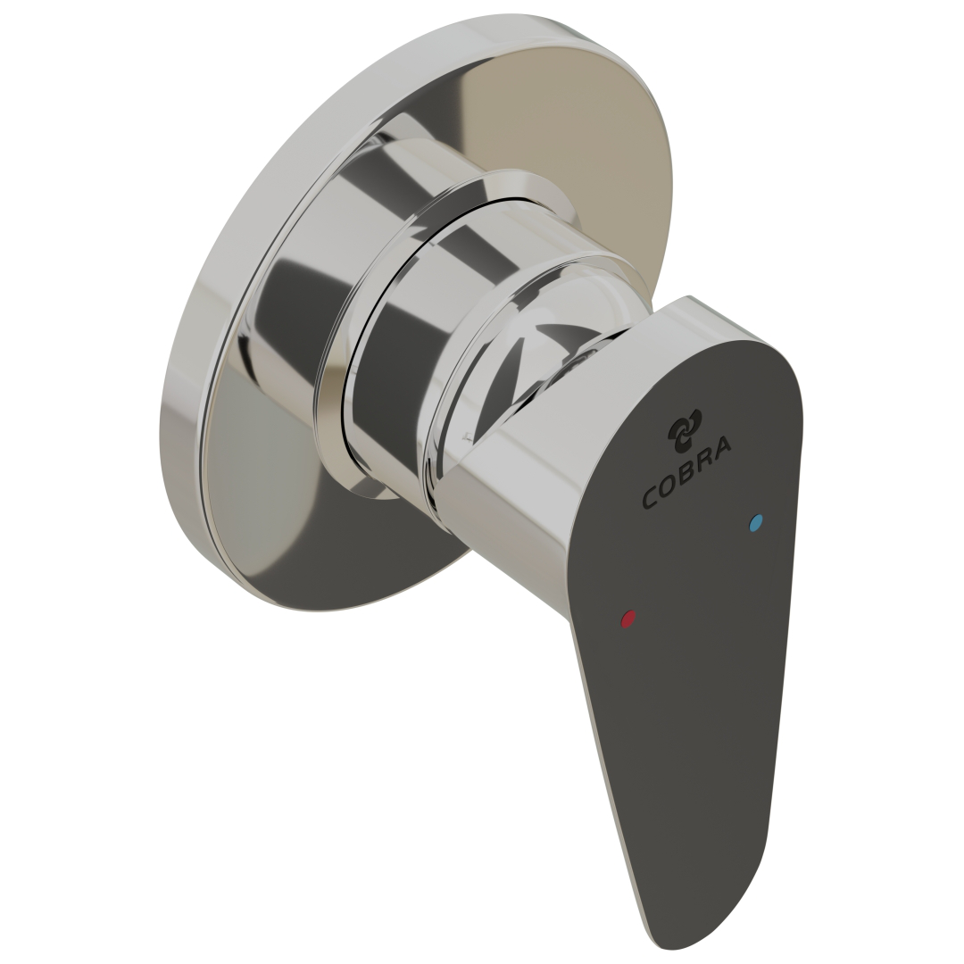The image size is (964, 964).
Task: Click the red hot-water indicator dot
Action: [628, 618]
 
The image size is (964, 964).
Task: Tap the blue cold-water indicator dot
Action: [758, 523]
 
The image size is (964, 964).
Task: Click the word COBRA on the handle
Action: [686, 473]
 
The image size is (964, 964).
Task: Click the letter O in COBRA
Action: [668, 486]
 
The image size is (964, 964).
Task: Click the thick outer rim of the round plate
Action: [205, 357]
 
